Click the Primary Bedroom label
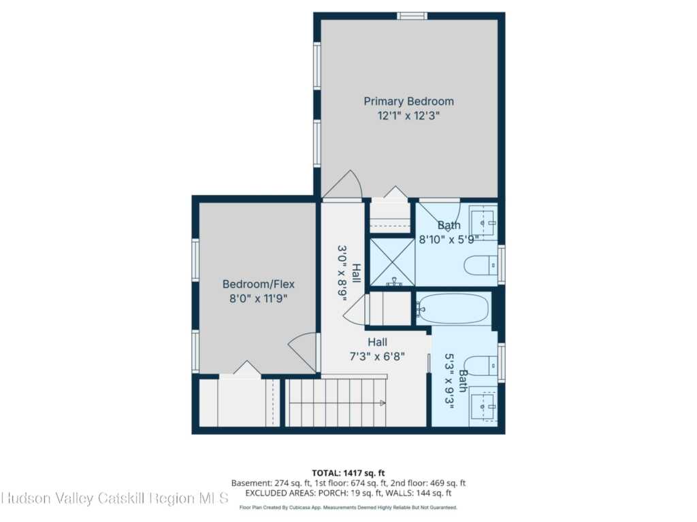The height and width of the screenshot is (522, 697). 409,102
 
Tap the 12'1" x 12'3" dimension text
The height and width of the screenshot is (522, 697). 408,116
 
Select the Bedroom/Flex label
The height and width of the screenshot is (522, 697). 258,284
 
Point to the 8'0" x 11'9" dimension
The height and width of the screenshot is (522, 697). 258,298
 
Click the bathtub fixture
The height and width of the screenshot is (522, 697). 454,309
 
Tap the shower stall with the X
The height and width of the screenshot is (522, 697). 393,262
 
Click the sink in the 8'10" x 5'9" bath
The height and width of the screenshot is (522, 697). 483,222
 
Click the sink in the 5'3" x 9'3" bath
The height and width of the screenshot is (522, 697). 484,406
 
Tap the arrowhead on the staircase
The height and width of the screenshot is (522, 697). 383,403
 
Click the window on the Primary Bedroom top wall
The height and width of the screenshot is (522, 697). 412,16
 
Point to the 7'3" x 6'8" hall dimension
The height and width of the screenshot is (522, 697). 377,356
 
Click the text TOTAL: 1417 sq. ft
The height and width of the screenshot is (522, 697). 348,473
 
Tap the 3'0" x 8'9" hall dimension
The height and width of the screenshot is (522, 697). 342,273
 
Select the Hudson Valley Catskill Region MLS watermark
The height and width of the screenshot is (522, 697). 114,498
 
